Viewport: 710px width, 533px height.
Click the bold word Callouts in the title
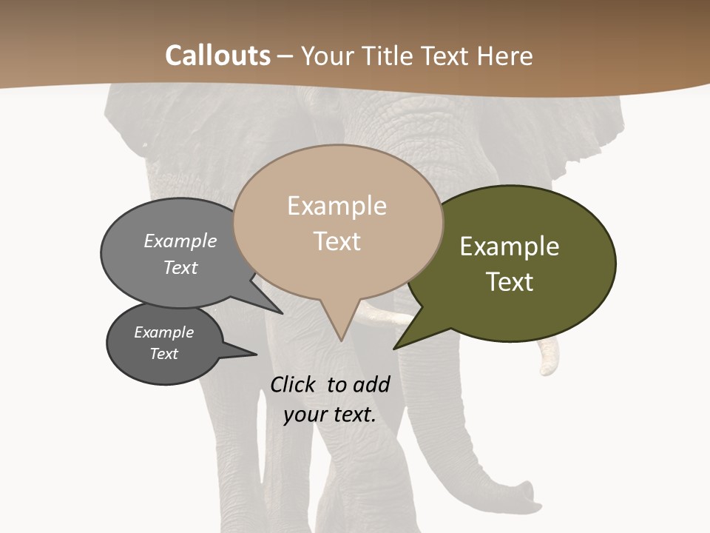pyautogui.click(x=217, y=56)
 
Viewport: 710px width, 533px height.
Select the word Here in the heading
pyautogui.click(x=506, y=56)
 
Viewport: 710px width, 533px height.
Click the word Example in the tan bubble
pyautogui.click(x=337, y=206)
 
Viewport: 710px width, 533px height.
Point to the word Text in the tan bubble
pyautogui.click(x=337, y=241)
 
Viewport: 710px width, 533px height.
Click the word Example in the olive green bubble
pyautogui.click(x=510, y=247)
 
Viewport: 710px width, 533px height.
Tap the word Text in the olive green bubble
pyautogui.click(x=510, y=282)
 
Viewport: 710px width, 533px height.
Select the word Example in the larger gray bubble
pyautogui.click(x=180, y=241)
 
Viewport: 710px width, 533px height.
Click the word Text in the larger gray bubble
pyautogui.click(x=180, y=268)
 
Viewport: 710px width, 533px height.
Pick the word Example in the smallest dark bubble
pyautogui.click(x=163, y=332)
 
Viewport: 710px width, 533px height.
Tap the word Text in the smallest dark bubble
pyautogui.click(x=163, y=354)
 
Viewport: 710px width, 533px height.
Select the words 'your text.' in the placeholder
pyautogui.click(x=330, y=415)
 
